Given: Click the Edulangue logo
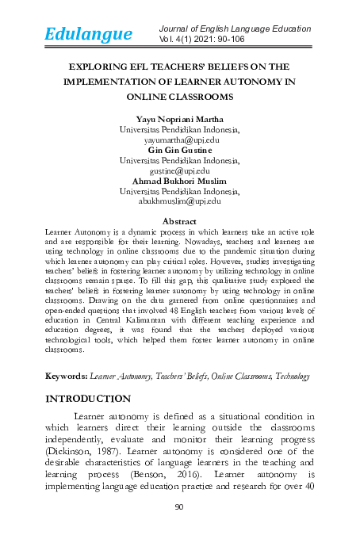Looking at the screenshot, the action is tap(88, 34).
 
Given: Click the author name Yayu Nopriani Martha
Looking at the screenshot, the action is tap(180, 117).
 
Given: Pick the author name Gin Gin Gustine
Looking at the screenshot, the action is tap(180, 148).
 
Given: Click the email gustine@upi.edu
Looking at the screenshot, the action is tap(180, 170).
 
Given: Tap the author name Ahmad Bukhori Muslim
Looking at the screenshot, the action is tap(180, 180).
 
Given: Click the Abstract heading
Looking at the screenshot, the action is tap(180, 220).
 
